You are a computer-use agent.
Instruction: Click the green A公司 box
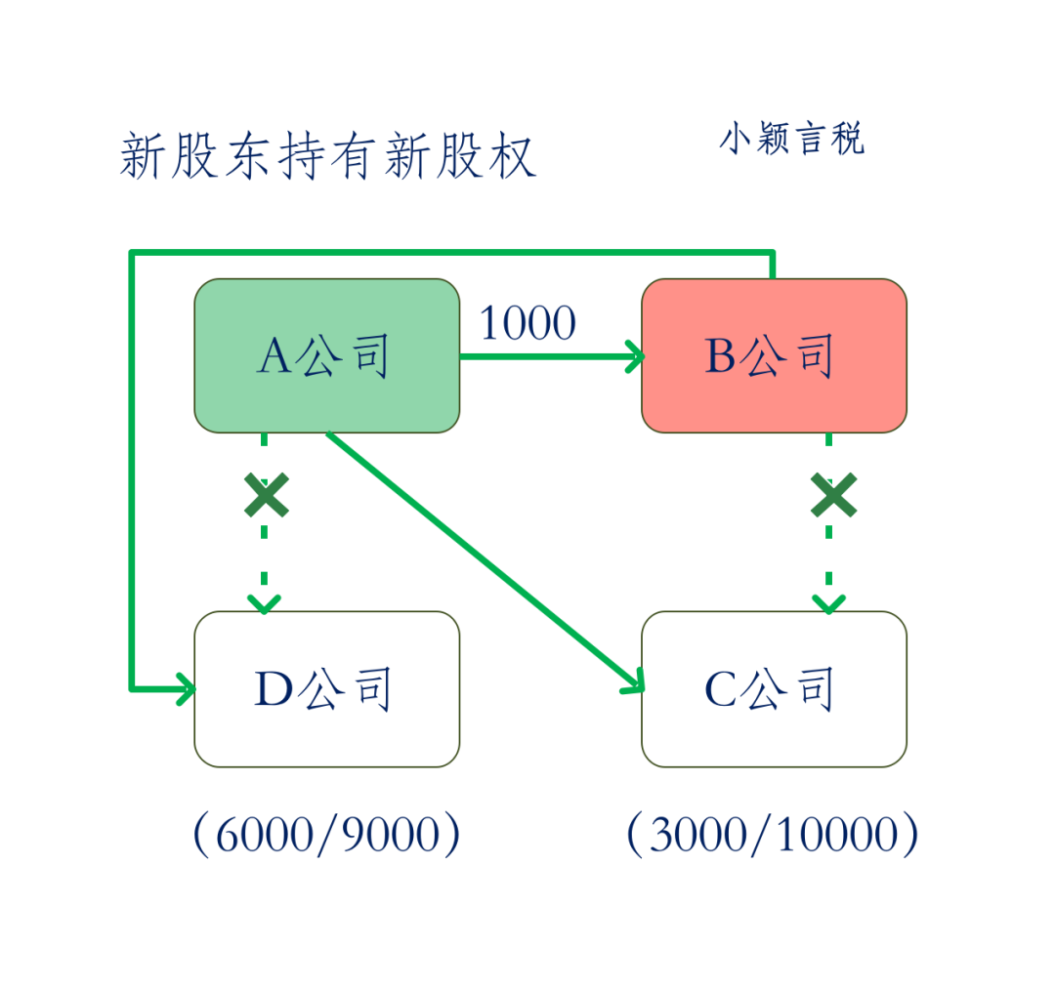(x=327, y=355)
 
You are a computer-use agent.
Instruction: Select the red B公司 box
(x=775, y=355)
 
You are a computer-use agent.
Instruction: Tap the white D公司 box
(x=327, y=688)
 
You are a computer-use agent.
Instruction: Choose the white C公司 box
(x=775, y=688)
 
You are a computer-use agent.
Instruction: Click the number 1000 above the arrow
(x=527, y=323)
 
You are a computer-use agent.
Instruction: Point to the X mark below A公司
(x=267, y=495)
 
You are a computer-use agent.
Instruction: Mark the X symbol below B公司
(x=833, y=495)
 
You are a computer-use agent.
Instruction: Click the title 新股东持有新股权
(x=327, y=156)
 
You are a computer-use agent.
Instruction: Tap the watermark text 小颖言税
(x=792, y=139)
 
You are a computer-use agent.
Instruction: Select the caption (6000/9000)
(x=327, y=834)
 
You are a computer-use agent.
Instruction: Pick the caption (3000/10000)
(x=773, y=834)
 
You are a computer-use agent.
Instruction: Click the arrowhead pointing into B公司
(x=635, y=356)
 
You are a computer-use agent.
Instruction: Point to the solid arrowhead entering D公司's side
(x=186, y=688)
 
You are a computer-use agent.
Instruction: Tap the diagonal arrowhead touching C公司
(x=634, y=680)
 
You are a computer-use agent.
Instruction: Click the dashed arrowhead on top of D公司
(x=265, y=604)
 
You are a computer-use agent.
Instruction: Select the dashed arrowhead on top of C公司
(x=829, y=604)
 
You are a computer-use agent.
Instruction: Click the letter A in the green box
(x=274, y=355)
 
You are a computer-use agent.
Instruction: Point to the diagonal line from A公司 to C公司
(x=485, y=561)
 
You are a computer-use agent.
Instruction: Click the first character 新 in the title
(x=144, y=156)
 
